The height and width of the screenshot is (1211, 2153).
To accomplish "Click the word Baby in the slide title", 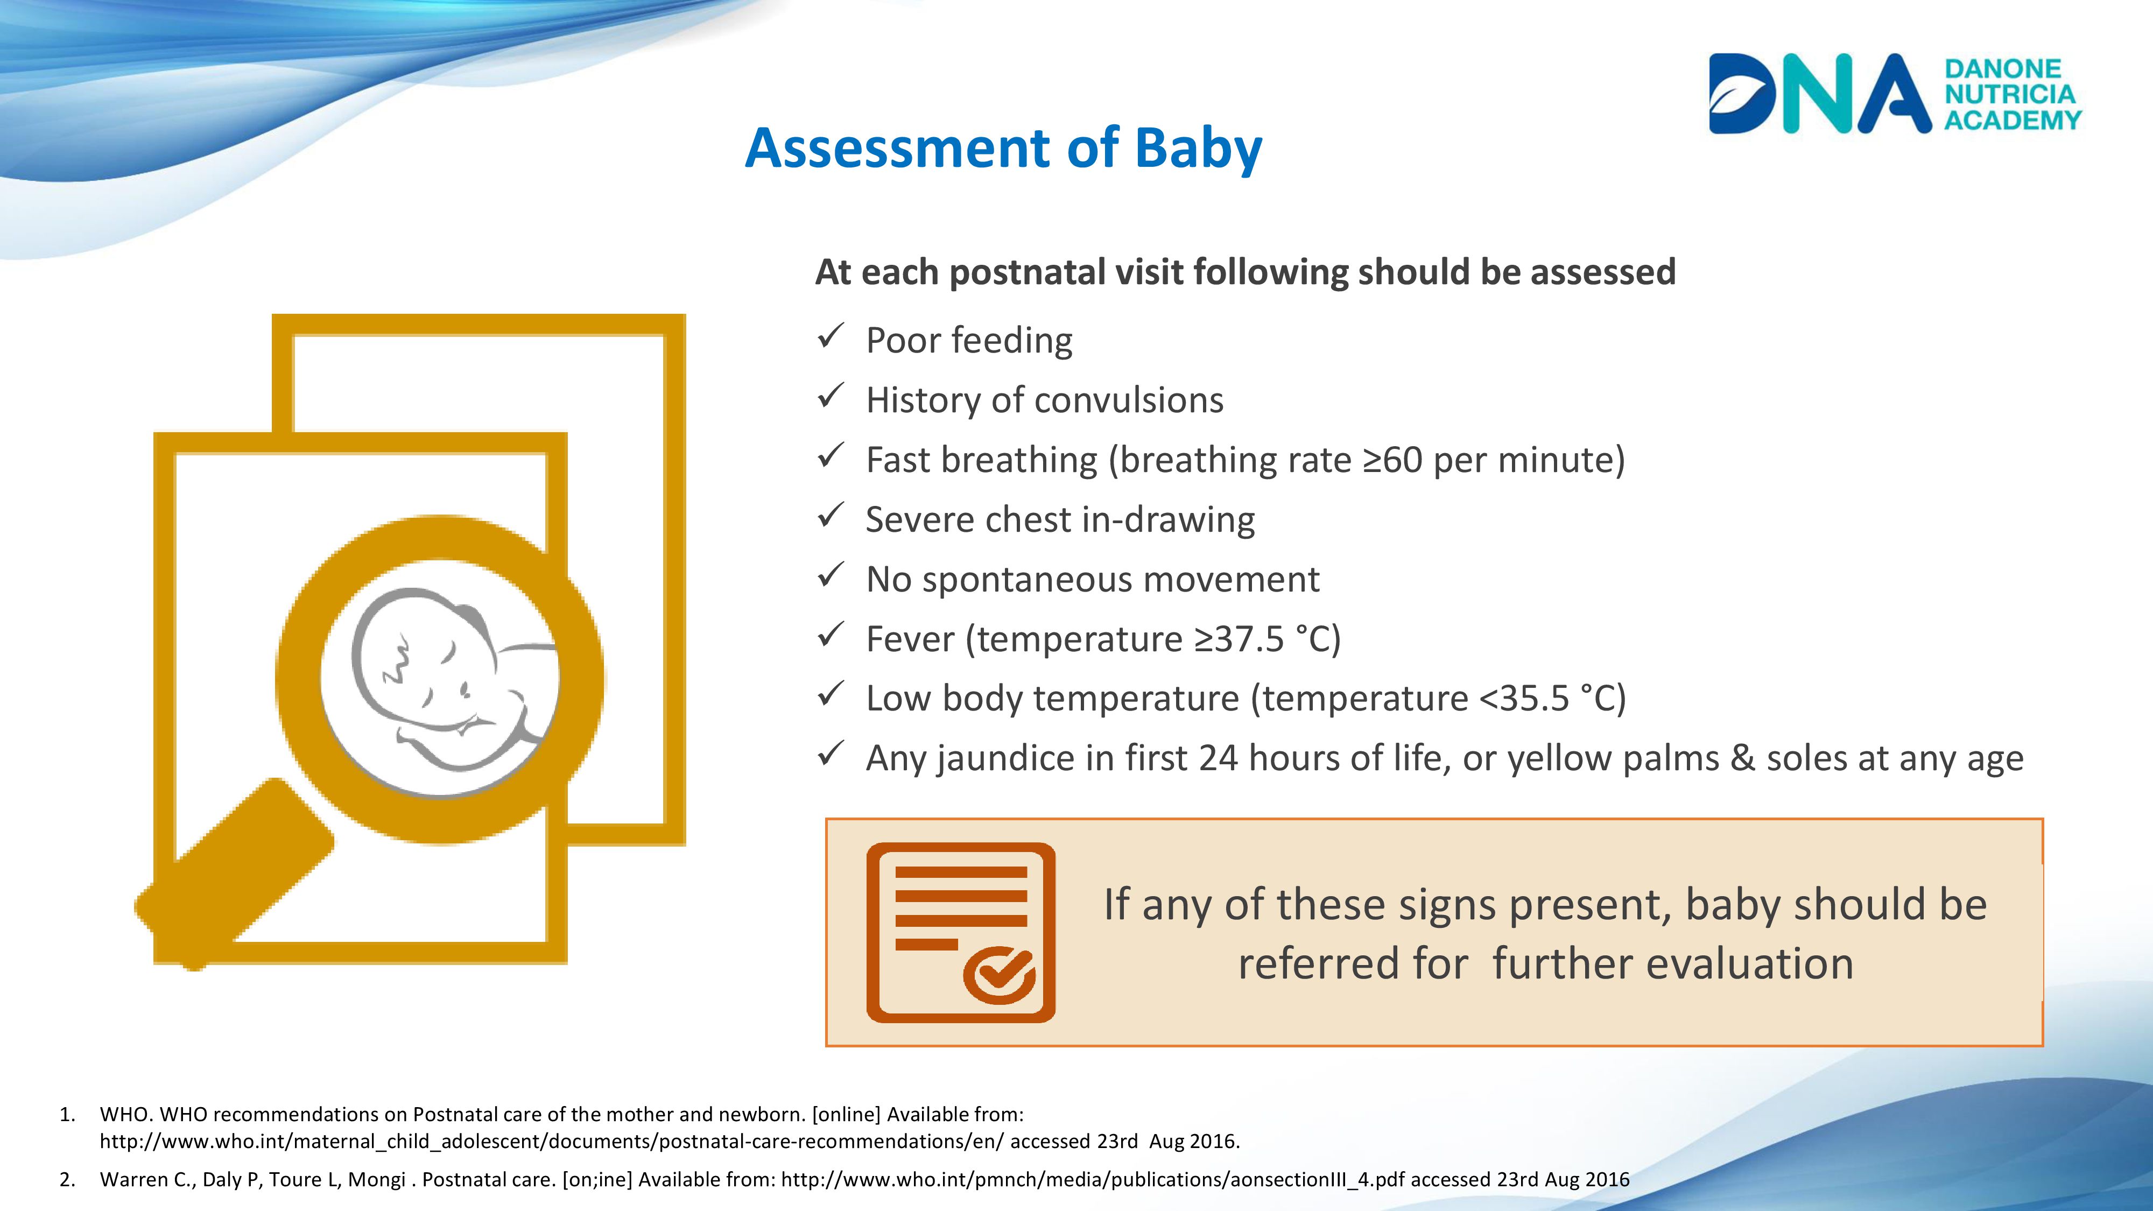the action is click(1199, 149).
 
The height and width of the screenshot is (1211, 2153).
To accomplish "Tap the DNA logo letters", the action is click(1819, 94).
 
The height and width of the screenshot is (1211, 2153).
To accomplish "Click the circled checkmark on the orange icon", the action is click(1000, 974).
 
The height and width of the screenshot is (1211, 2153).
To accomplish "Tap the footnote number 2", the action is click(67, 1179).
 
